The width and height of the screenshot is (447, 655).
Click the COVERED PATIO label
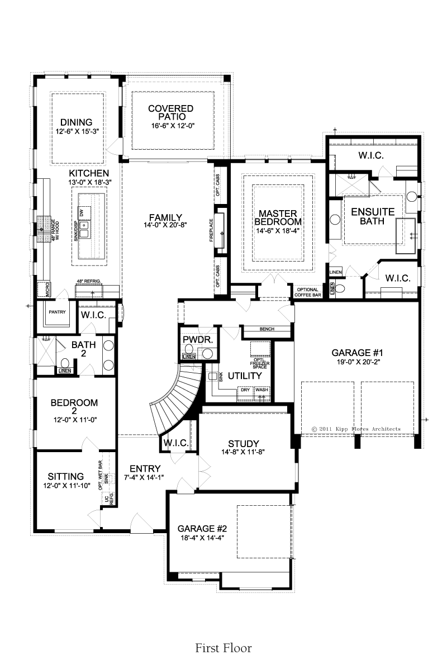pos(170,112)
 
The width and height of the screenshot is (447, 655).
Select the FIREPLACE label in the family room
pos(211,230)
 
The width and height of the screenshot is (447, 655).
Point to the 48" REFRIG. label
pos(89,282)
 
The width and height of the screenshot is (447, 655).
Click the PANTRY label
pos(57,312)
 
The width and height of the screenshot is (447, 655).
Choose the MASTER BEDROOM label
pos(278,217)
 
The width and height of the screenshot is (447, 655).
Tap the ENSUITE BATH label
pos(373,216)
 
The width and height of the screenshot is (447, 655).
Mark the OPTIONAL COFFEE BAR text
pos(307,292)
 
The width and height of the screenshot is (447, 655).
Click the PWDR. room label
pos(198,340)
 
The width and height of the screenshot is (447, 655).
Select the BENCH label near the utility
pos(267,329)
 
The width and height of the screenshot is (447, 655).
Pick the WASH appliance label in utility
pos(262,390)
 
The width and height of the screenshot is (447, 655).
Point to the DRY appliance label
pos(245,390)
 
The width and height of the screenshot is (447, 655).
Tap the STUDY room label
pos(244,444)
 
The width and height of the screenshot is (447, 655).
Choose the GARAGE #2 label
pos(202,529)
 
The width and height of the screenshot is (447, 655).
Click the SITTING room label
pos(65,476)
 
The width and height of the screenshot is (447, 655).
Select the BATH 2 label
pos(84,349)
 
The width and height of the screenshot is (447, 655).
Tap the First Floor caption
pos(223,637)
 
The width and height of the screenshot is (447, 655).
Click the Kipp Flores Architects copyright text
pos(356,429)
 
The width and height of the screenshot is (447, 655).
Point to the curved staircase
pos(172,400)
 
